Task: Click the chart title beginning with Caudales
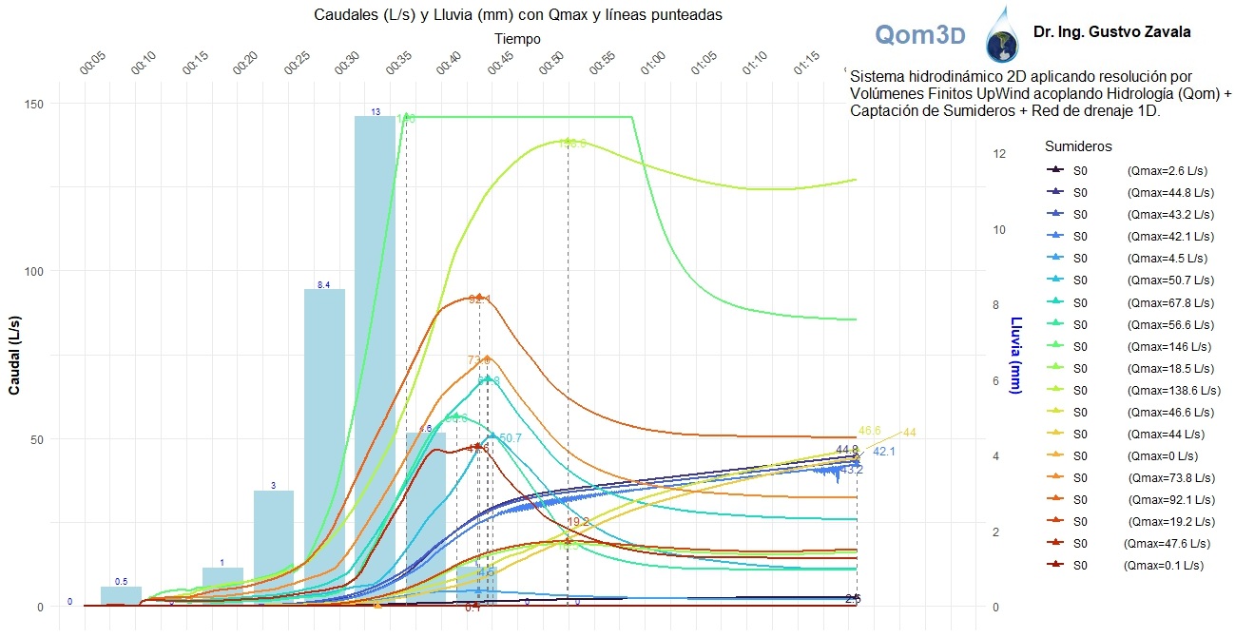tap(517, 16)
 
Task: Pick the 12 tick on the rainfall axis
tap(992, 154)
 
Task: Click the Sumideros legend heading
tap(1078, 146)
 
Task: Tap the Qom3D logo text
tap(919, 35)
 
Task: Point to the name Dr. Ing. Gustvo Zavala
tap(1111, 32)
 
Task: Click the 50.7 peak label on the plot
tap(510, 437)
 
